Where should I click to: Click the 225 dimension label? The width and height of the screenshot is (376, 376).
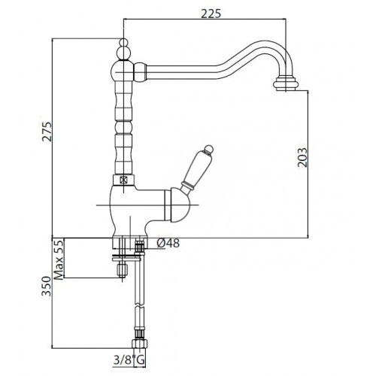(211, 14)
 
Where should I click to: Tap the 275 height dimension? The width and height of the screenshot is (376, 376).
(47, 132)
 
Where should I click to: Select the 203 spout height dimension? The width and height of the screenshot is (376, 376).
(302, 157)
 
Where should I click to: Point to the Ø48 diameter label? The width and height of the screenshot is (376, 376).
(168, 243)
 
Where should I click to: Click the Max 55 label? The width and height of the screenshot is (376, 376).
(59, 259)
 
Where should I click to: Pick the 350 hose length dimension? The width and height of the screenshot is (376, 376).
(46, 286)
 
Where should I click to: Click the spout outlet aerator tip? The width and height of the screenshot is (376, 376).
(286, 83)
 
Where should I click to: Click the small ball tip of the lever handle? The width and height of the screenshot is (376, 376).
(208, 149)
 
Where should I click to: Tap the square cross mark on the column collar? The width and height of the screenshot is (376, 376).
(123, 180)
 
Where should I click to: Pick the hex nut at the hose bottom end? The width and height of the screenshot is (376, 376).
(140, 344)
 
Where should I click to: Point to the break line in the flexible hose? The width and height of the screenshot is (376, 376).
(140, 307)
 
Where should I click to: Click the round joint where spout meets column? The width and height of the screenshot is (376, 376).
(123, 71)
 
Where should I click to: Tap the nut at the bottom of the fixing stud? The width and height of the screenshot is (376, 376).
(123, 270)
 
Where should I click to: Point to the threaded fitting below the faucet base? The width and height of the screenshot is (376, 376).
(140, 246)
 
